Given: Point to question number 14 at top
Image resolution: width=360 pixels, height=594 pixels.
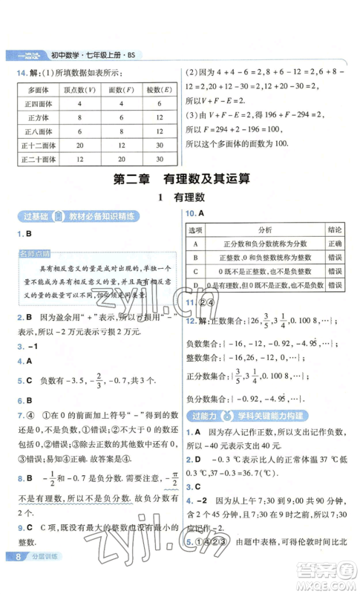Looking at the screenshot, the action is (21, 71).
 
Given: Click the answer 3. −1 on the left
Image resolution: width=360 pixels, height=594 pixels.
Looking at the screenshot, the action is (26, 346).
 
